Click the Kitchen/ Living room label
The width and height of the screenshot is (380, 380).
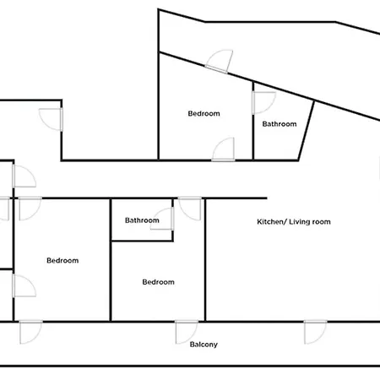[x=293, y=222]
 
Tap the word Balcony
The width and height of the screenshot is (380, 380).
[x=204, y=344]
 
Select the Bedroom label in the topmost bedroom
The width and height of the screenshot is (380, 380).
[x=204, y=114]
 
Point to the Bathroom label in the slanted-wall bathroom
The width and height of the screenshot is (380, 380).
[x=280, y=124]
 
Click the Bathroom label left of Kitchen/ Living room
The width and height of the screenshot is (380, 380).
[x=142, y=220]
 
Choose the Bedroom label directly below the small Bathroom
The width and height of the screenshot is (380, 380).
[x=158, y=282]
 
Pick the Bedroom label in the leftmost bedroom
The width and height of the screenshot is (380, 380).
[x=62, y=261]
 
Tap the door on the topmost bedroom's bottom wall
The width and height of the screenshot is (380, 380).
[x=224, y=149]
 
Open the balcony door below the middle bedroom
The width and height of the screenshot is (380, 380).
[x=187, y=331]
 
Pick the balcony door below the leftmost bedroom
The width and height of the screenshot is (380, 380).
[x=31, y=331]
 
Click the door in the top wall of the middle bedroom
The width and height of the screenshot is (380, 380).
[x=189, y=209]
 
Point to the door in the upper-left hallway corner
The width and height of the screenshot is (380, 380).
[x=52, y=117]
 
